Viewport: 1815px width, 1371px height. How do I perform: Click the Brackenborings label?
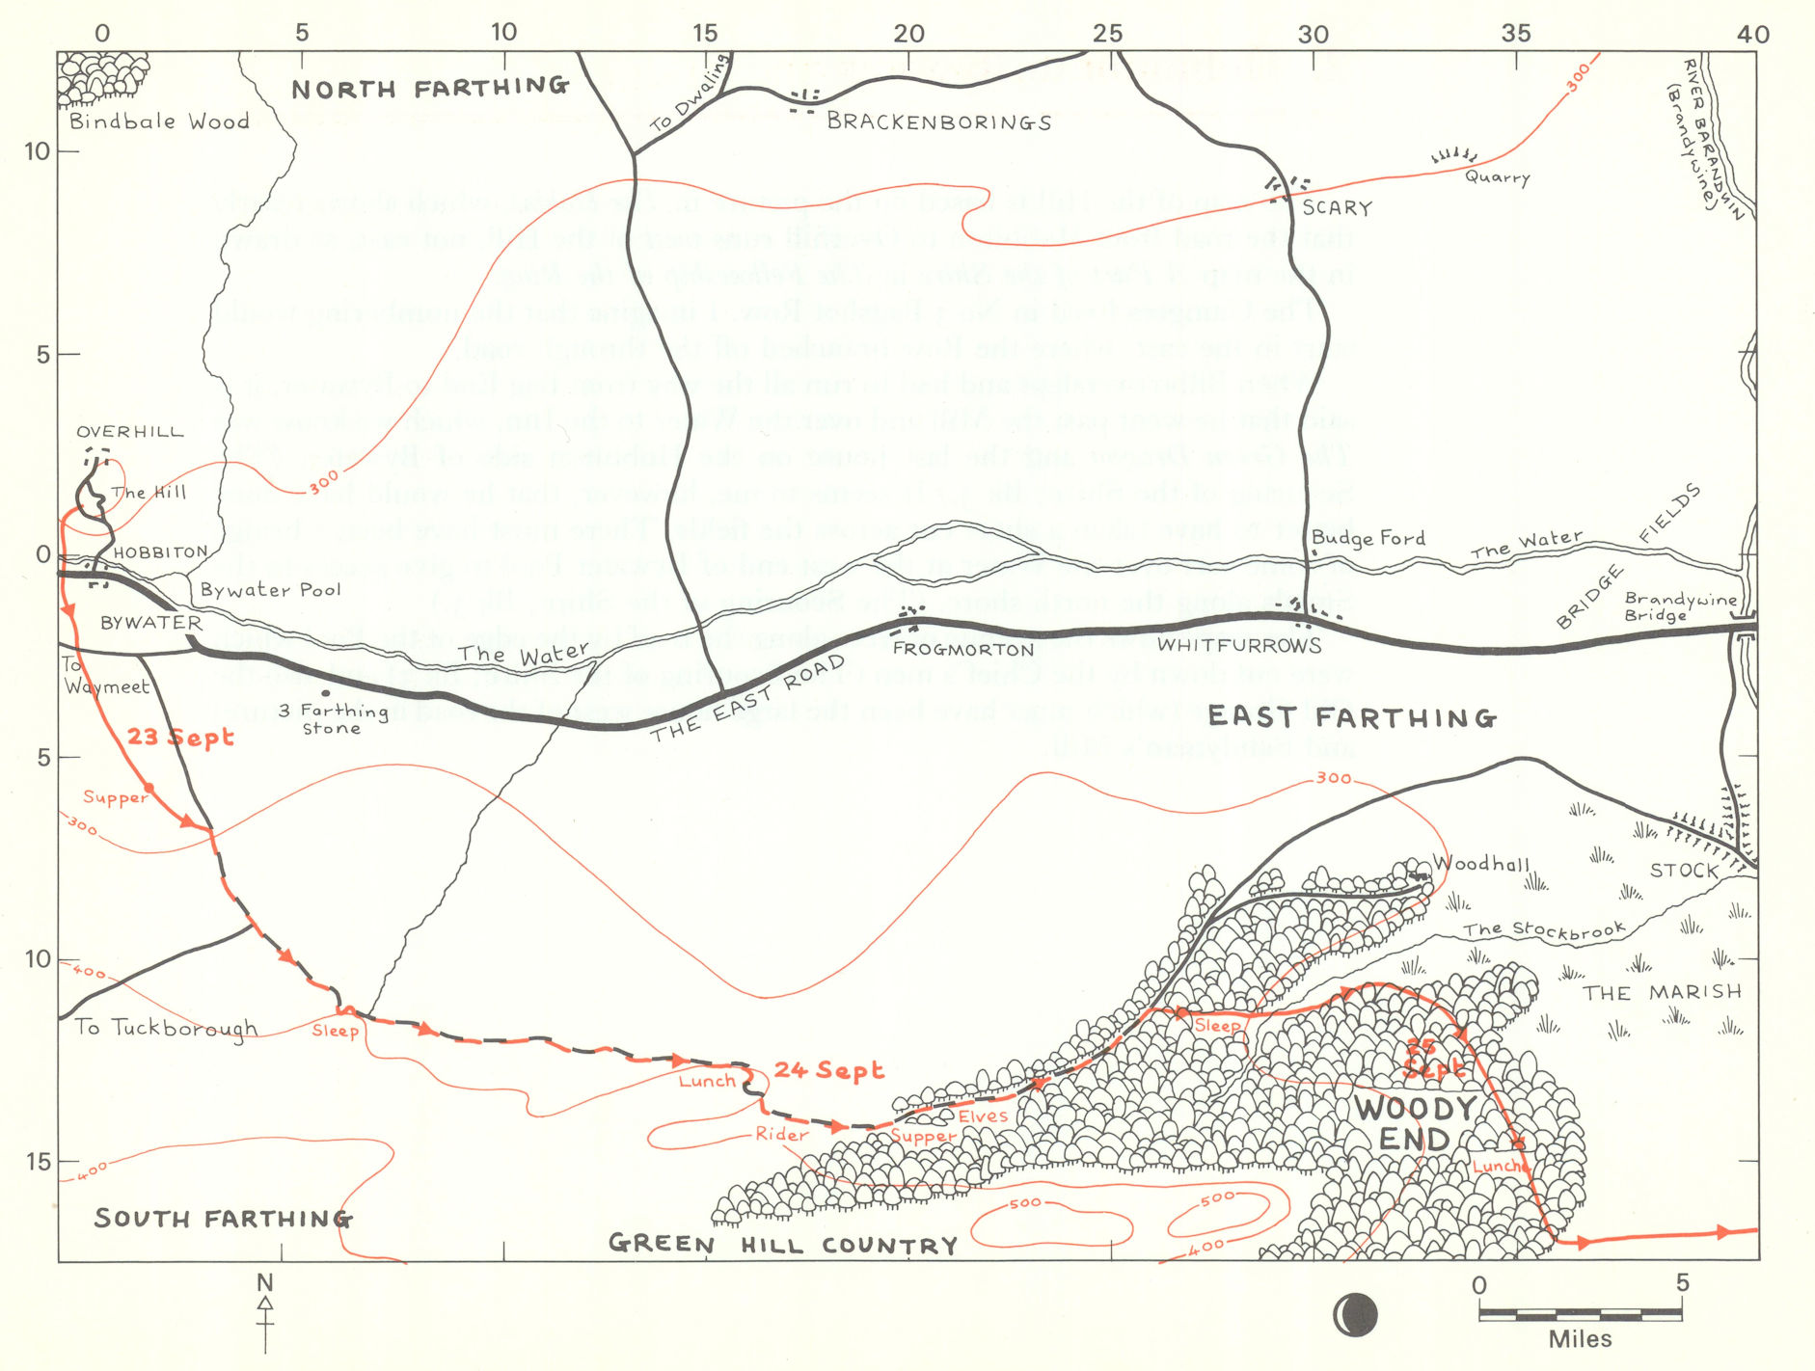(x=938, y=122)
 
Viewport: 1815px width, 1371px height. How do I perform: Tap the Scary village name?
(x=1336, y=207)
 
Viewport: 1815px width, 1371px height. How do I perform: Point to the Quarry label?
(x=1497, y=176)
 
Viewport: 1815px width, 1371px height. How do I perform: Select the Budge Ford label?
(x=1368, y=538)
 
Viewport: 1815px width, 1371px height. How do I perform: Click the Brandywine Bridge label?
(x=1679, y=606)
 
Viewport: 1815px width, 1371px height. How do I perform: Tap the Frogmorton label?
(x=962, y=649)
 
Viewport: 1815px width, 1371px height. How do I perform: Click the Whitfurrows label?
(x=1238, y=644)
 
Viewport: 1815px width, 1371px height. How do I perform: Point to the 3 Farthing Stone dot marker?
(x=326, y=692)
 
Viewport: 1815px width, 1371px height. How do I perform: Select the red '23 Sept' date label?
(x=180, y=738)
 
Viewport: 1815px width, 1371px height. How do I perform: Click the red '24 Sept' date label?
(x=828, y=1070)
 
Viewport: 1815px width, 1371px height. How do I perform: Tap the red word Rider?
(x=781, y=1135)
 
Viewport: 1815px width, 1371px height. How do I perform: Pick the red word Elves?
(x=982, y=1116)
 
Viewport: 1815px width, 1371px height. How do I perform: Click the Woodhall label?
(x=1480, y=863)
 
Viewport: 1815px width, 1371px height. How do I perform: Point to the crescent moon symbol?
(x=1355, y=1314)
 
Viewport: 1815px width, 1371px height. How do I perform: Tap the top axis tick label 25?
(x=1107, y=33)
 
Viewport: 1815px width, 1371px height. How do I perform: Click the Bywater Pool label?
(x=270, y=589)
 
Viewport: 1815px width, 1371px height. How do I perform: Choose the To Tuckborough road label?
(x=166, y=1028)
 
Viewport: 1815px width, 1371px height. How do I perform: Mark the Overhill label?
(x=129, y=431)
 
